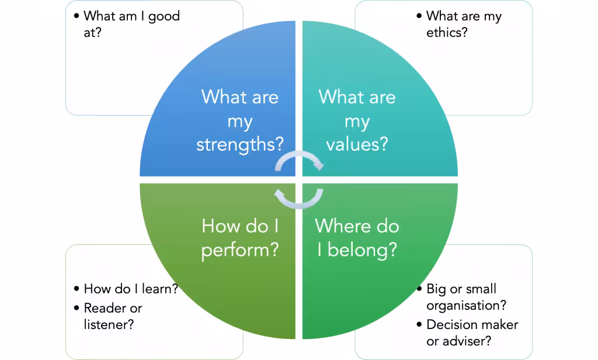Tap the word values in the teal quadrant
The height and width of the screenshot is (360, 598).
coord(357,144)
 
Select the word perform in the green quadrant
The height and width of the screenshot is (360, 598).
coord(240,251)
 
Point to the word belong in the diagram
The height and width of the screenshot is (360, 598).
coord(362,250)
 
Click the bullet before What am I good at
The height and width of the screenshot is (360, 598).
coord(77,16)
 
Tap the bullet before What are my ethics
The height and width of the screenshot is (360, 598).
coord(419,16)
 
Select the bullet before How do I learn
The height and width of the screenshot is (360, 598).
coord(77,289)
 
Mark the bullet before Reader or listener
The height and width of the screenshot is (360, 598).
coord(77,308)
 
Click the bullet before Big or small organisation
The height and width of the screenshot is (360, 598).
coord(419,289)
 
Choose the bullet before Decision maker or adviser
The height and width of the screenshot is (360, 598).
coord(419,324)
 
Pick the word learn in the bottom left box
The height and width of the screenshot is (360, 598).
coord(160,289)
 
